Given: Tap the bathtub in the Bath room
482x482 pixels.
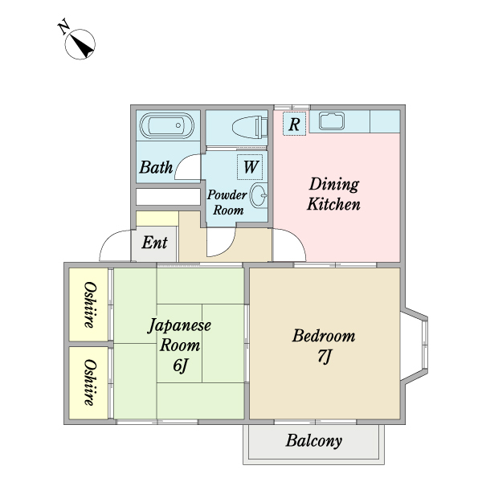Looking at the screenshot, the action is (167, 127).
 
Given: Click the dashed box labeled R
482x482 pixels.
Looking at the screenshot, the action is (294, 124).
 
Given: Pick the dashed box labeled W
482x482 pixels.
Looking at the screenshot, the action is (250, 167).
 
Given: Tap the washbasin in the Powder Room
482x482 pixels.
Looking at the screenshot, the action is (259, 195).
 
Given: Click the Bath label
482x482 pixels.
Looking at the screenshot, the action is (155, 168).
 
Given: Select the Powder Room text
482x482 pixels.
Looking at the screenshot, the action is (227, 202).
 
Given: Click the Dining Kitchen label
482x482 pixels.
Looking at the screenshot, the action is (334, 194).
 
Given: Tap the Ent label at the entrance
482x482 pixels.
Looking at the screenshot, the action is (155, 242).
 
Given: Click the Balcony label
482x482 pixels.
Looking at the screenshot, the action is (313, 441).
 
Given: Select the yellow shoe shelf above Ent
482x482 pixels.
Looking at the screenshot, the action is (157, 219).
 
